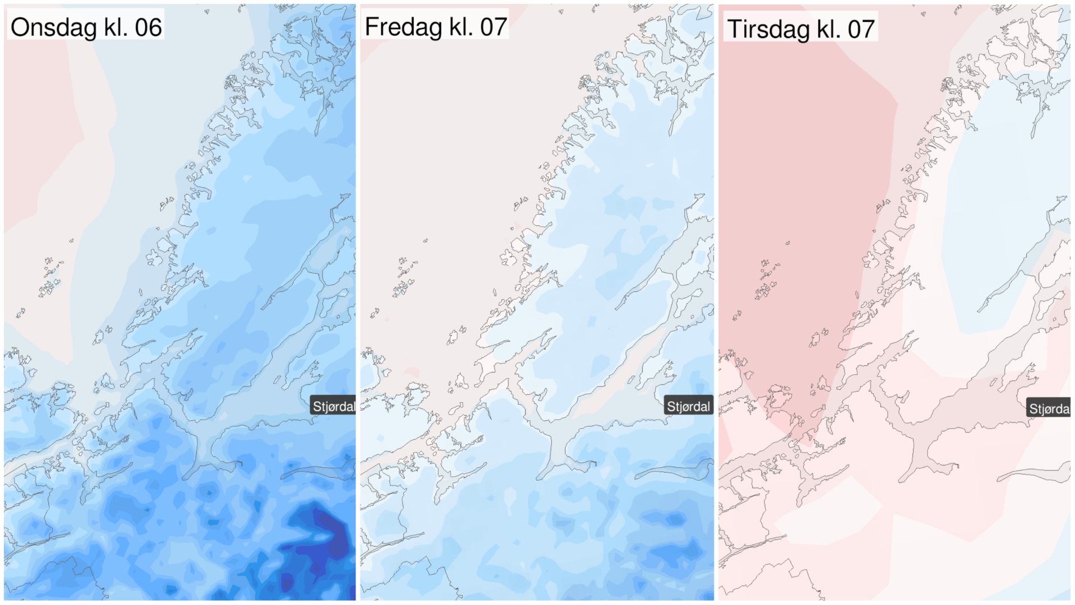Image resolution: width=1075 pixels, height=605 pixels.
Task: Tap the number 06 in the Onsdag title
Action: (148, 27)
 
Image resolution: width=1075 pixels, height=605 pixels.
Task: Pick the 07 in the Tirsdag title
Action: (861, 29)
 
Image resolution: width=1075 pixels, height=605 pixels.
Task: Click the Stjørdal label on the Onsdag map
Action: (333, 406)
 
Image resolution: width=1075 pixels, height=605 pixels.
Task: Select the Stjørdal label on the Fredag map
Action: (688, 406)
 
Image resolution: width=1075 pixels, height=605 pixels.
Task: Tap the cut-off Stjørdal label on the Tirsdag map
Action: (1049, 408)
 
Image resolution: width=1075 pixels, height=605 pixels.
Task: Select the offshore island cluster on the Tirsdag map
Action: (765, 280)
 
